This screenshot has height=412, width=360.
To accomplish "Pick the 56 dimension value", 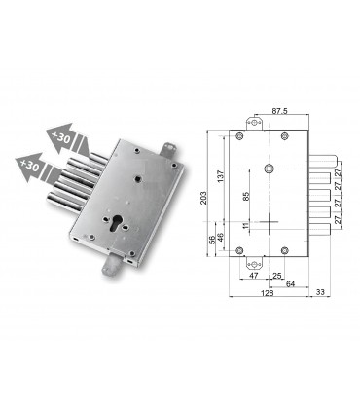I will click(212, 242).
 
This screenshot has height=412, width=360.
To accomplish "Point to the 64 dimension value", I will click(290, 285).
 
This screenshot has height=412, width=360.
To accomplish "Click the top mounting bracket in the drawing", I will click(257, 122).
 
